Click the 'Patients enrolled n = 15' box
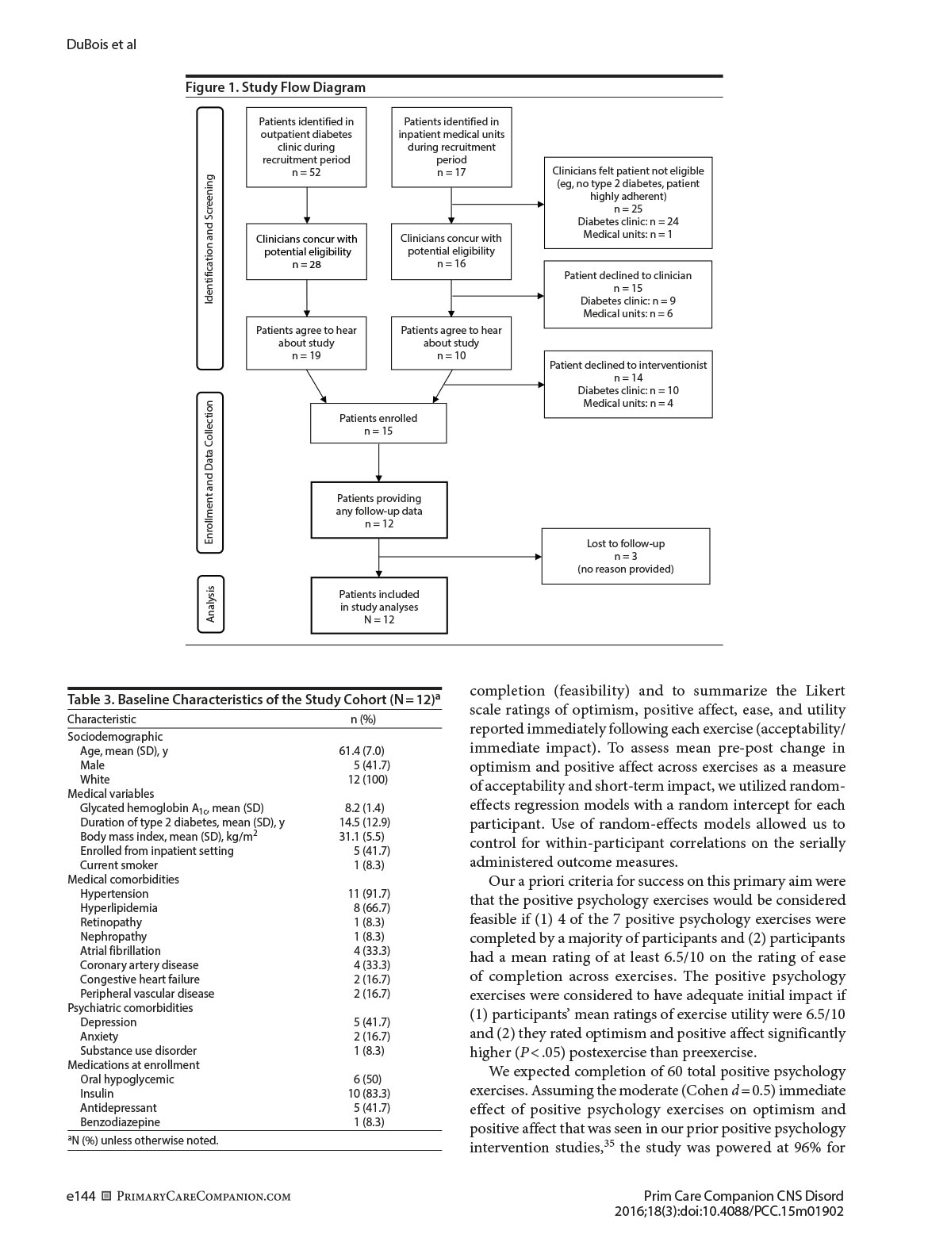coord(378,424)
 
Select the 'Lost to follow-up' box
coord(625,556)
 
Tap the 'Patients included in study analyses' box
coord(378,606)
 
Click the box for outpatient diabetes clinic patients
coord(306,147)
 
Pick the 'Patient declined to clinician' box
coord(627,294)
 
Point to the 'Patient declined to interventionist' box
coord(627,384)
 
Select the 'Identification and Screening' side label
coord(209,239)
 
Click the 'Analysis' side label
coord(210,604)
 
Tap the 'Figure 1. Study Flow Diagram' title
coord(275,87)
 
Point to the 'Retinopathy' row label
coord(110,922)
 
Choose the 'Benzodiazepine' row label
coord(120,1122)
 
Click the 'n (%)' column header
coord(363,719)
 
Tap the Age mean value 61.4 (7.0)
coord(362,750)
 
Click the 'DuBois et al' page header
coord(101,44)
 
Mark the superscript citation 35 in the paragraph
coord(609,1144)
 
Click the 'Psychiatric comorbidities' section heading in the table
coord(130,1008)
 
